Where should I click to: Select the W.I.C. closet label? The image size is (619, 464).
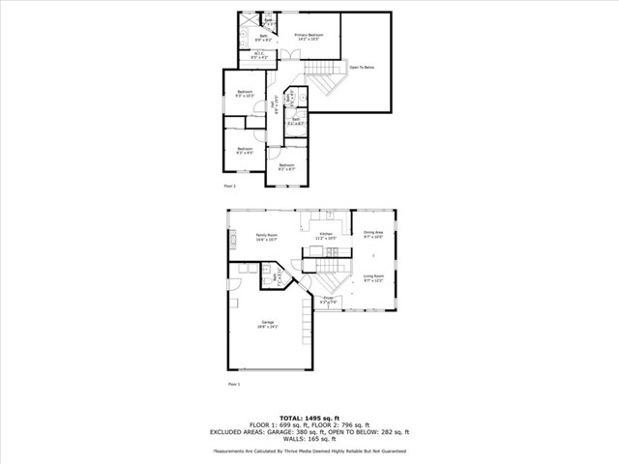tap(259, 56)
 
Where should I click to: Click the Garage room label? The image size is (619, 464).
tap(267, 324)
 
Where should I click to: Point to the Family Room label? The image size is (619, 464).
tap(267, 236)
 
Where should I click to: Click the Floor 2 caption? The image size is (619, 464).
tap(230, 186)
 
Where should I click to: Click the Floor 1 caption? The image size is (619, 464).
tap(233, 384)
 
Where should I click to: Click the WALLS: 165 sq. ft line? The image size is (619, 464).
tap(309, 439)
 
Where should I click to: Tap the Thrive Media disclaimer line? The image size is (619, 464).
tap(309, 451)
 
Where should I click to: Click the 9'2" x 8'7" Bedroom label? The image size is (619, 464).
tap(286, 167)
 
